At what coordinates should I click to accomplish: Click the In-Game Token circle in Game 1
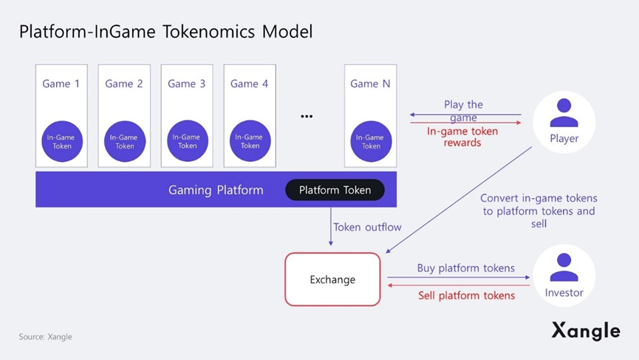(x=62, y=141)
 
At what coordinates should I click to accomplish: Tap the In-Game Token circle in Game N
(x=370, y=141)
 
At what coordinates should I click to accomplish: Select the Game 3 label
(x=187, y=84)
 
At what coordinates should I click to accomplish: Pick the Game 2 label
(x=124, y=84)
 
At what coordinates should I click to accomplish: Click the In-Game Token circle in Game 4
(x=250, y=141)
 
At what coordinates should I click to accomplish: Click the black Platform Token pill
(x=335, y=190)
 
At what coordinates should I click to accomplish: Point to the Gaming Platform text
(x=216, y=190)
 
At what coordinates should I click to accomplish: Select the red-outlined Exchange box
(x=332, y=279)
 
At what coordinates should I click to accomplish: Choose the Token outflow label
(x=367, y=227)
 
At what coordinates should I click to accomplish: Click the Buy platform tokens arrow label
(x=465, y=268)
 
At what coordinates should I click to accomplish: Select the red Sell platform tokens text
(x=466, y=295)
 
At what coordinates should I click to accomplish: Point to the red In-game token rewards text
(x=462, y=137)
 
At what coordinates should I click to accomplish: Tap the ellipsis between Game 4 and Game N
(x=307, y=116)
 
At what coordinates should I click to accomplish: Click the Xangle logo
(x=585, y=330)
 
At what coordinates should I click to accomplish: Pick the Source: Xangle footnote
(x=46, y=336)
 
